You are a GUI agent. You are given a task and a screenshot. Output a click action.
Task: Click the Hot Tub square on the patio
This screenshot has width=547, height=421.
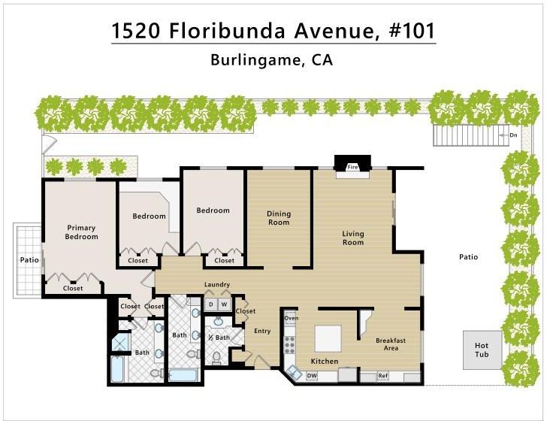pos(482,350)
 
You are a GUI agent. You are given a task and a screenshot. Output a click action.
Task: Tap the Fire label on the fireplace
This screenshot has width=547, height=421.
pos(352,167)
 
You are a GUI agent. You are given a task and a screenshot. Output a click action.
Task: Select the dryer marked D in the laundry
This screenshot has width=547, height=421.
pos(210,304)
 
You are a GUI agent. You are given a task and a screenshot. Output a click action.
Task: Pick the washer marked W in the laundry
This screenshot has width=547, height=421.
pos(224,304)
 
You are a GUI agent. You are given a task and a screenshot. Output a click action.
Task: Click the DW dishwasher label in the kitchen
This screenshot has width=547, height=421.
pos(312,376)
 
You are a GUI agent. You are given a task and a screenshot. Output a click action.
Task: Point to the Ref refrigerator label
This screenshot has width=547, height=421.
pos(382,376)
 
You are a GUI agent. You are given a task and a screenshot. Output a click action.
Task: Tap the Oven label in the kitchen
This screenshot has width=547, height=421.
pos(292,318)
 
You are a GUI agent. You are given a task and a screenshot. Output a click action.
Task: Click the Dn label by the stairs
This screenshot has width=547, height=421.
pos(513,135)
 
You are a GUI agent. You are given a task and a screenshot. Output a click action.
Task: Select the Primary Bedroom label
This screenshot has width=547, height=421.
pos(81,232)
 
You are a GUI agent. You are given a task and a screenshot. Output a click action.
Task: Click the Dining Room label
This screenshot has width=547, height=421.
pos(279,218)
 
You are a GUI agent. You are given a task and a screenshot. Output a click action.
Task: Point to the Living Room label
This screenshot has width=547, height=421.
pos(353,238)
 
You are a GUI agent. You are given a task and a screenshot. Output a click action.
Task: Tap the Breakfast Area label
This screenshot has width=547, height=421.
pos(391,344)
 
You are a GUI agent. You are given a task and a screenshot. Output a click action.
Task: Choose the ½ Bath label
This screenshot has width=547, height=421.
pos(219,338)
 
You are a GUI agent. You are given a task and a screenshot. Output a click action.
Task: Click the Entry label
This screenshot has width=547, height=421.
pos(262,331)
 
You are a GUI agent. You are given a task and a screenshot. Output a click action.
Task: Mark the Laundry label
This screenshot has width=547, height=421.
pos(217,284)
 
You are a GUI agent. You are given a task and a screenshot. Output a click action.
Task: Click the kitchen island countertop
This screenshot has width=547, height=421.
pos(328,338)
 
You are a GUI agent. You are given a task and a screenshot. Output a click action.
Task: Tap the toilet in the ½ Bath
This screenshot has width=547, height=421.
pos(216,357)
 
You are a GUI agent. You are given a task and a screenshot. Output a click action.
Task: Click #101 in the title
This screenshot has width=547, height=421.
pos(412,30)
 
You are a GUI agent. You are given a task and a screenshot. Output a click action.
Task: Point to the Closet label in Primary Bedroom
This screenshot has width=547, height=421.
pos(73,289)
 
